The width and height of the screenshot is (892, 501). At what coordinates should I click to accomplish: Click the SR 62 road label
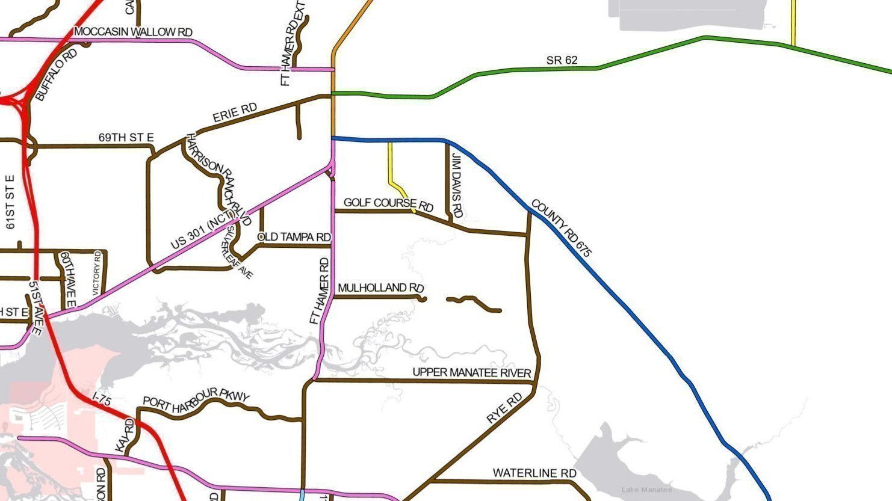coord(562,60)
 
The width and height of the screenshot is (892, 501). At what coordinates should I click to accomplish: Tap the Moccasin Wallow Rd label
coord(133,31)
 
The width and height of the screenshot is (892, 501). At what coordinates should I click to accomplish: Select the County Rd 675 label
coord(562,228)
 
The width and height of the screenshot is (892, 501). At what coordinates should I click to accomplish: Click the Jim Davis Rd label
coord(457,186)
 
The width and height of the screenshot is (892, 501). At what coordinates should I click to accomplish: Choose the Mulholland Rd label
coord(380,288)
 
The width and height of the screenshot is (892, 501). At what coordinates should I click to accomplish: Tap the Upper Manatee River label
coord(472,372)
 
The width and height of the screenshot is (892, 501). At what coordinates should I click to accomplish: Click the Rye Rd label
coord(504,408)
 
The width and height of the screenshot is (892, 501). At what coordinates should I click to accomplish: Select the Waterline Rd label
coord(534,473)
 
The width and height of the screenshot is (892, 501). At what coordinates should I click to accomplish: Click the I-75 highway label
coord(102,399)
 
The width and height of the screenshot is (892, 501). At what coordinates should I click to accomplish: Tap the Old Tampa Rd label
coord(294,237)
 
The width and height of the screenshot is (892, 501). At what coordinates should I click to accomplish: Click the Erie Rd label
coord(235,112)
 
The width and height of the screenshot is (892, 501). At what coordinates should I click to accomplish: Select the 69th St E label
coord(126,138)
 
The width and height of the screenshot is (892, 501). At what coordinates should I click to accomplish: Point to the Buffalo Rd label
coord(57,75)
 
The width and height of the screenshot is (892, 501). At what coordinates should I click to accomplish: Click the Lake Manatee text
coord(646,490)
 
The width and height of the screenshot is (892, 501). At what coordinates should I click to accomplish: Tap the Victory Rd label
coord(97,273)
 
